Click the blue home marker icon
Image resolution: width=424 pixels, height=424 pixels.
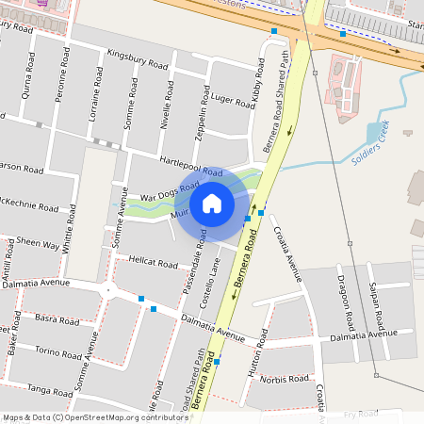[x=212, y=203]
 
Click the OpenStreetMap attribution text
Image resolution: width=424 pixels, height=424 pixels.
[x=94, y=416]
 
